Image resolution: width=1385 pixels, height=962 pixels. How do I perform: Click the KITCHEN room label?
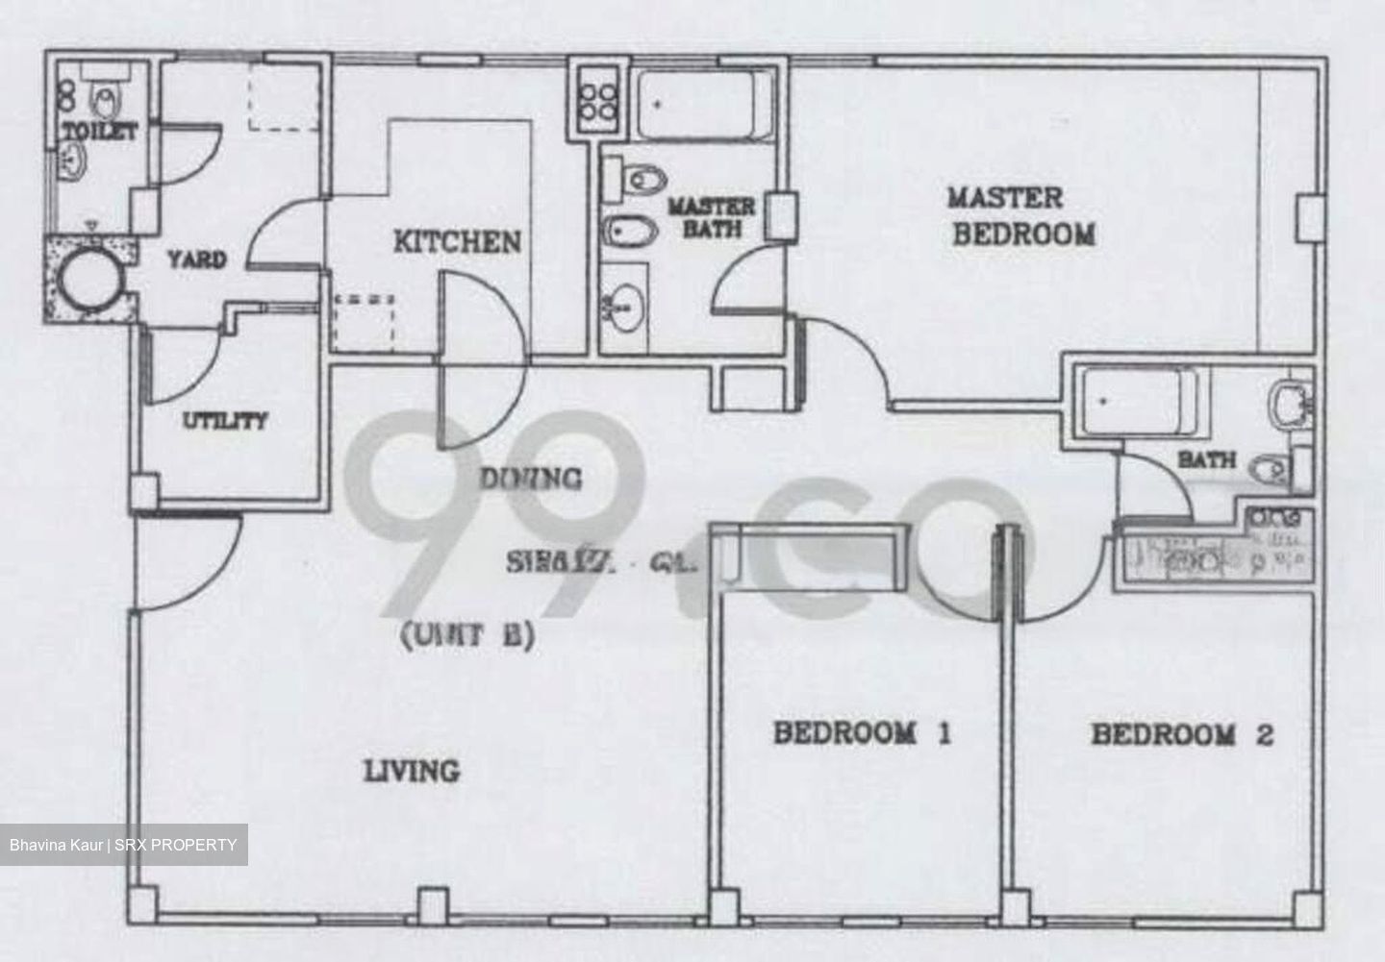[x=457, y=241]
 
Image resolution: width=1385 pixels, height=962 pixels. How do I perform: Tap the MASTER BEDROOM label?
[x=1021, y=216]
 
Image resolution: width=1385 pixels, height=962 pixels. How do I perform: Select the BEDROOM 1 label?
[x=862, y=734]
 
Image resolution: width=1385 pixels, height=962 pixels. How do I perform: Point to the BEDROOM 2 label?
[x=1182, y=735]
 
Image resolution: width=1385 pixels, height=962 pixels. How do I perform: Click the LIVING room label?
[x=411, y=771]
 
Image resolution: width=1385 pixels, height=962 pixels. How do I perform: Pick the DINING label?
[x=531, y=478]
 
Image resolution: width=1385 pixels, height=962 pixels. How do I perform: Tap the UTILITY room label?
[x=225, y=421]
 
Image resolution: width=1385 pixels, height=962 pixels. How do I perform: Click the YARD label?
[x=196, y=259]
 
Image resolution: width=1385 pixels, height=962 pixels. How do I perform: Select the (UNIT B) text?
[x=466, y=636]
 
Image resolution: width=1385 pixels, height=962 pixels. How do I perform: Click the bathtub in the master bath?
[x=703, y=103]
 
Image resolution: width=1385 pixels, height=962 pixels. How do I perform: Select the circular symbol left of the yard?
[x=88, y=280]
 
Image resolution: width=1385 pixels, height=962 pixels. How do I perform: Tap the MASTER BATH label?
[x=712, y=217]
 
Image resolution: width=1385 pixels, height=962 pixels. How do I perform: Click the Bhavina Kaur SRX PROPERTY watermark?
[x=123, y=845]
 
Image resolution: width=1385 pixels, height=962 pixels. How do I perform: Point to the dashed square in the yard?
[x=284, y=98]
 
